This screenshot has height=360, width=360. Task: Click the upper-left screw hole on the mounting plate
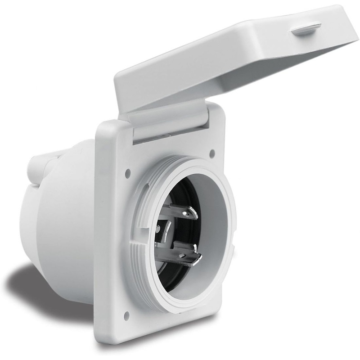(128, 172)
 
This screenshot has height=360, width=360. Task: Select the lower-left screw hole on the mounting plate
(126, 314)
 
